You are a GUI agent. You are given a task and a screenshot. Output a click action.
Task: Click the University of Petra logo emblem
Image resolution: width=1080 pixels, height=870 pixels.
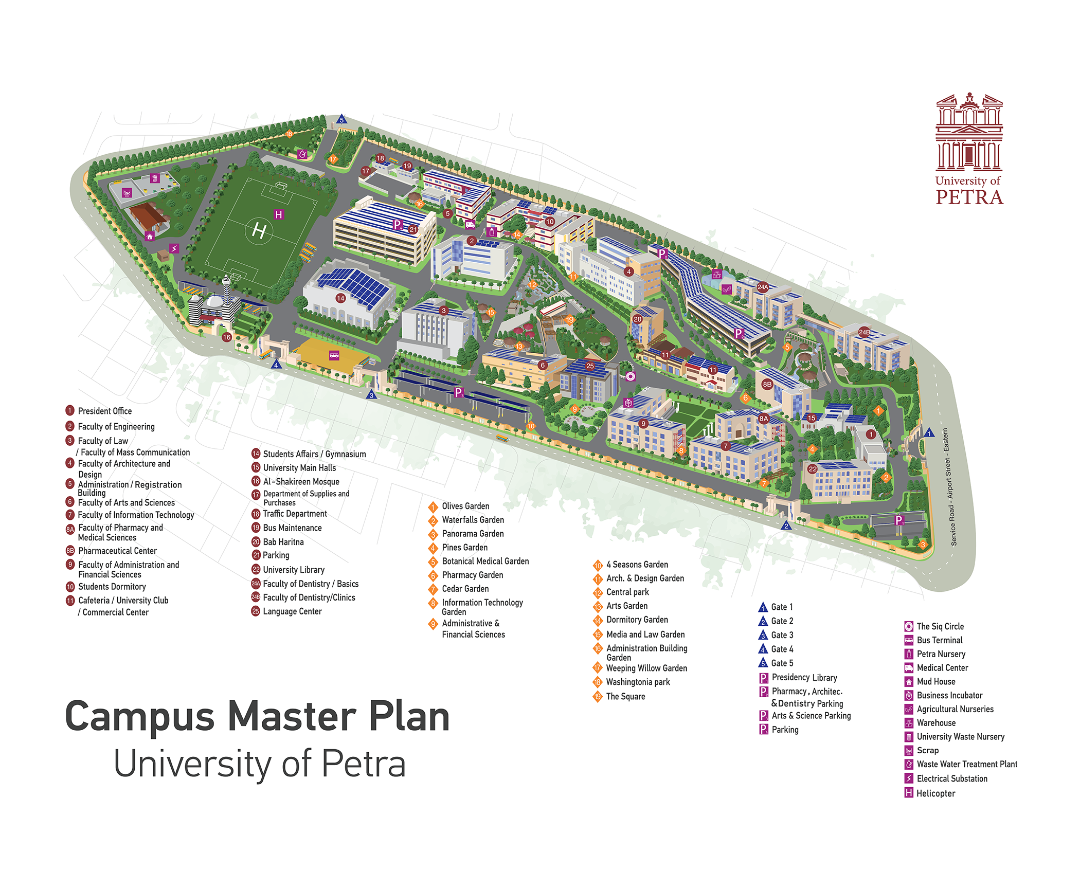(x=969, y=132)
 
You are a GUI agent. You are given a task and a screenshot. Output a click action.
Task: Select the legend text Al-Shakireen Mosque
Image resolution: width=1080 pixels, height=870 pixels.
(x=301, y=482)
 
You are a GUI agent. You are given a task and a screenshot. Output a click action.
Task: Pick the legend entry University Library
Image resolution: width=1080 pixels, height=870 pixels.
(x=294, y=570)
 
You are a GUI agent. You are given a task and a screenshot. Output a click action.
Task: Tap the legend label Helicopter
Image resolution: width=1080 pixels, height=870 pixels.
(x=935, y=793)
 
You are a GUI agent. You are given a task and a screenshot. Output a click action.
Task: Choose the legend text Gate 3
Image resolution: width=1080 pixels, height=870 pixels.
(x=782, y=635)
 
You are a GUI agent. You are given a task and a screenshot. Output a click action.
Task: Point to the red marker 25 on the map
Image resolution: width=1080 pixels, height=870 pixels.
(x=590, y=366)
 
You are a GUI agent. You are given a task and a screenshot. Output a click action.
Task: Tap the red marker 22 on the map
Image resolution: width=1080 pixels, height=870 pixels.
(x=813, y=469)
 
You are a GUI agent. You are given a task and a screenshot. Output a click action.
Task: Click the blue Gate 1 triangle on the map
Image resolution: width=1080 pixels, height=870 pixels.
(x=929, y=433)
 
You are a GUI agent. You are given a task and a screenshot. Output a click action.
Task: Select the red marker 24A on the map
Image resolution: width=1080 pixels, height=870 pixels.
(x=763, y=287)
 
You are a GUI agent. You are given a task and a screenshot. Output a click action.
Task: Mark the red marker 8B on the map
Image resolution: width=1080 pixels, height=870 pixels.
(x=767, y=384)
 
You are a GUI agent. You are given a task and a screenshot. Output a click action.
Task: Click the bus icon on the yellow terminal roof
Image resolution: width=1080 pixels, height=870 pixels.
(x=334, y=355)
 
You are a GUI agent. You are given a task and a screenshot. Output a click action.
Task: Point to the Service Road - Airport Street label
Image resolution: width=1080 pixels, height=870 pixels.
(x=950, y=487)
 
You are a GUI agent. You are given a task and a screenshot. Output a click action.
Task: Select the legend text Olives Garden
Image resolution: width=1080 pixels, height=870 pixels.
(x=465, y=506)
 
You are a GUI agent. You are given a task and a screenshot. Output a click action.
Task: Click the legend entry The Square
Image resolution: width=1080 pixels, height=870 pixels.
(x=625, y=697)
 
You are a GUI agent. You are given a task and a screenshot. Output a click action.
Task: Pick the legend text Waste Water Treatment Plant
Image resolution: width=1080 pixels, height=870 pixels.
(x=967, y=765)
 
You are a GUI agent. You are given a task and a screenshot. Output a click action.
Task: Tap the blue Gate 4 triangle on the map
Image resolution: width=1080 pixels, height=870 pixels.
(x=276, y=365)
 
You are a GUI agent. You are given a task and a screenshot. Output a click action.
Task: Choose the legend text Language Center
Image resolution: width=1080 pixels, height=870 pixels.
(x=292, y=611)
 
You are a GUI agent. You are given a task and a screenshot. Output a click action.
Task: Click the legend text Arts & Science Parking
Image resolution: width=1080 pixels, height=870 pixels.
(x=811, y=716)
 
